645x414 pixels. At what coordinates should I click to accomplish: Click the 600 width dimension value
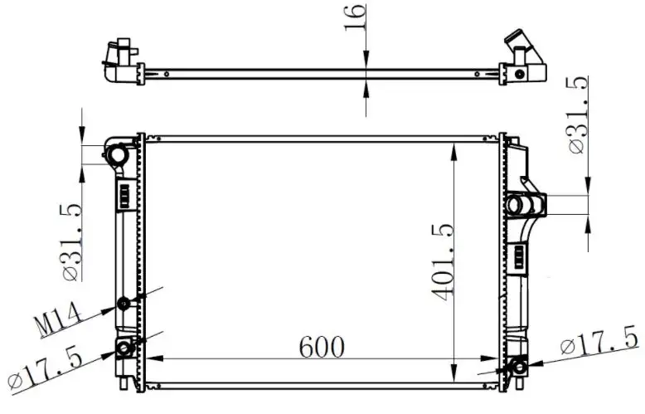click(322, 347)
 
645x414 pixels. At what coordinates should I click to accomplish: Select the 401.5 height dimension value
click(442, 262)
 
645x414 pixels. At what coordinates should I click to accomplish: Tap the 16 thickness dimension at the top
click(354, 17)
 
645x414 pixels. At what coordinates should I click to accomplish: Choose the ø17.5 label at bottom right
click(599, 340)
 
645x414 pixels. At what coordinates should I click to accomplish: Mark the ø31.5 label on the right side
click(577, 114)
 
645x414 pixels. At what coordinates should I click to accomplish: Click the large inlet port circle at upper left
click(116, 155)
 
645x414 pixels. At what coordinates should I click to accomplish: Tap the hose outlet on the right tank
click(526, 205)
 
